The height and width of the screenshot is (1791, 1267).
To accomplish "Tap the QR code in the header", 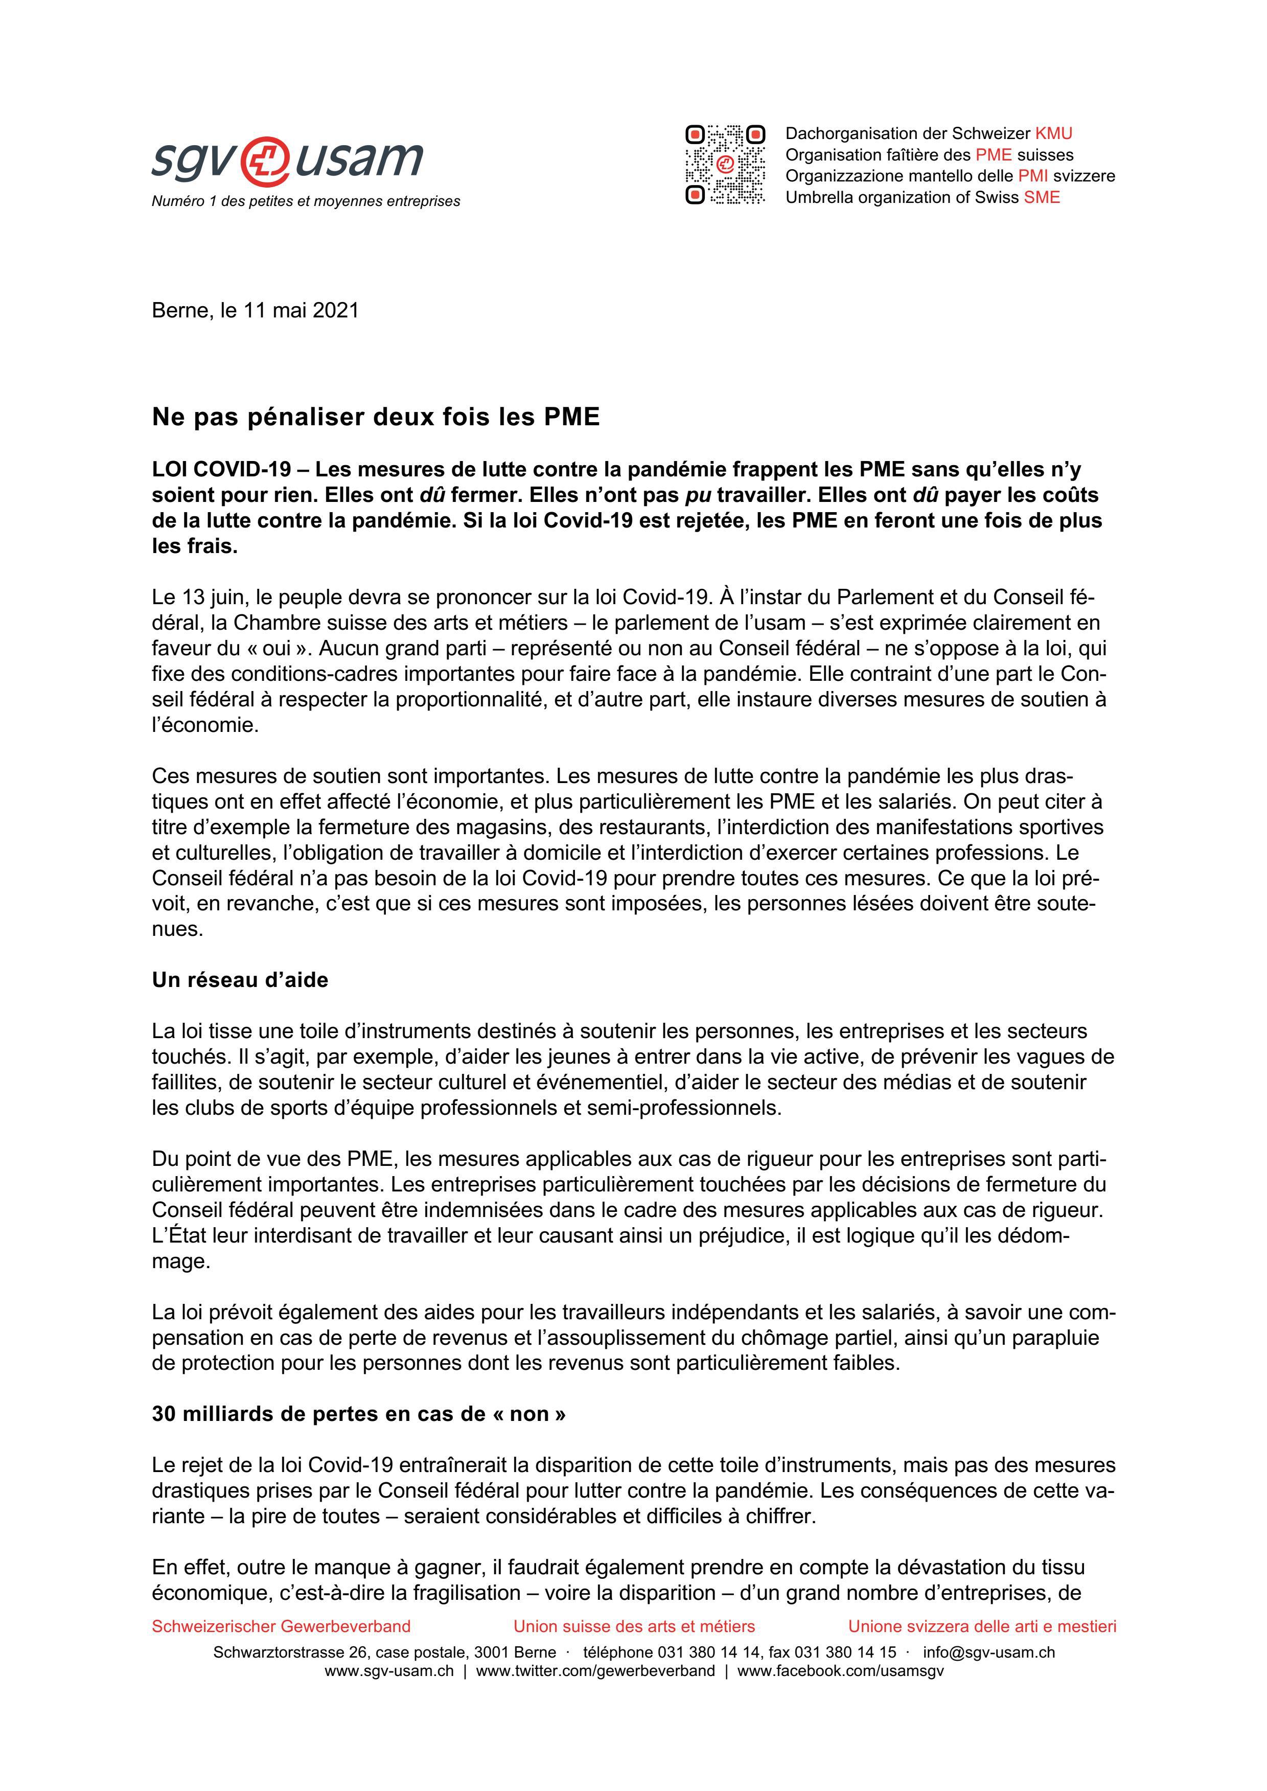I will (x=725, y=165).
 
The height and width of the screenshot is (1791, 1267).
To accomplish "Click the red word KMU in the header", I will (x=1053, y=133).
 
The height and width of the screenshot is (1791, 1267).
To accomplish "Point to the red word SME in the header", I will (x=1042, y=197).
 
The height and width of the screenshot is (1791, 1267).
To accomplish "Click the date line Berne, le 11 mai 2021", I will (x=255, y=310).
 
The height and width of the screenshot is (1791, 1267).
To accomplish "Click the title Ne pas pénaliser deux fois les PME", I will (x=375, y=417).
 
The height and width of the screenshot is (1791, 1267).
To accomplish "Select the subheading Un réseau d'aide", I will (x=240, y=980).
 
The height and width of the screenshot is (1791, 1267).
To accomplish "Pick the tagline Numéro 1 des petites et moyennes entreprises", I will (x=306, y=201).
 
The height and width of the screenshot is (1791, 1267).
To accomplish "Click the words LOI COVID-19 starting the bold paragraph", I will (x=222, y=470).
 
